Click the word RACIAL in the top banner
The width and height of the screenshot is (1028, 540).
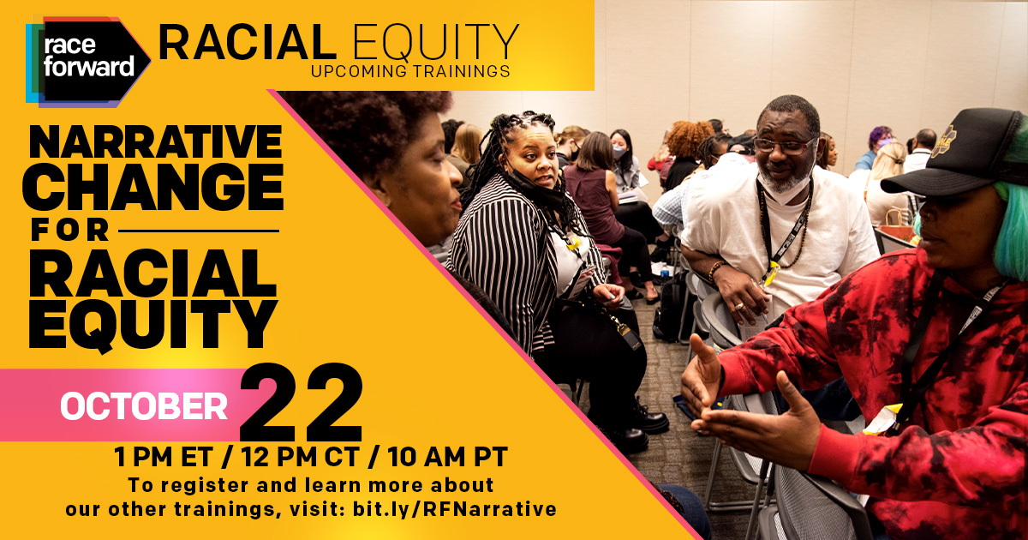pos(242,43)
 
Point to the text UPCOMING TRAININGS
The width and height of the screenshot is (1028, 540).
pos(410,70)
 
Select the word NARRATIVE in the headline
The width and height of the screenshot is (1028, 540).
pos(155,142)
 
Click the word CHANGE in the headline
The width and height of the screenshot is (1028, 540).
pos(155,189)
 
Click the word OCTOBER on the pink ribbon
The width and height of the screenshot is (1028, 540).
pos(143,405)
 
